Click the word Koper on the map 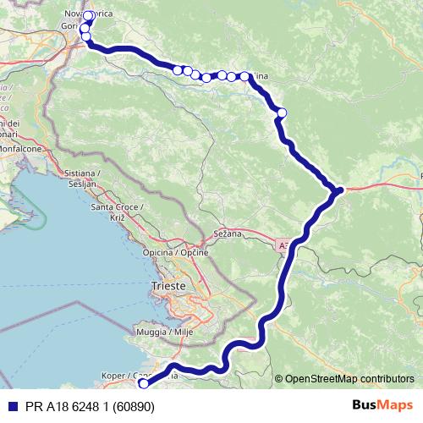(113, 375)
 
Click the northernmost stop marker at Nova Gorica (88, 16)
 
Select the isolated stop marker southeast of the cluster (282, 113)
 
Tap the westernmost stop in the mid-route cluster (178, 69)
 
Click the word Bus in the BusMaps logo (365, 406)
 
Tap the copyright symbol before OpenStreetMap (278, 378)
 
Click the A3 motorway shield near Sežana (283, 245)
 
